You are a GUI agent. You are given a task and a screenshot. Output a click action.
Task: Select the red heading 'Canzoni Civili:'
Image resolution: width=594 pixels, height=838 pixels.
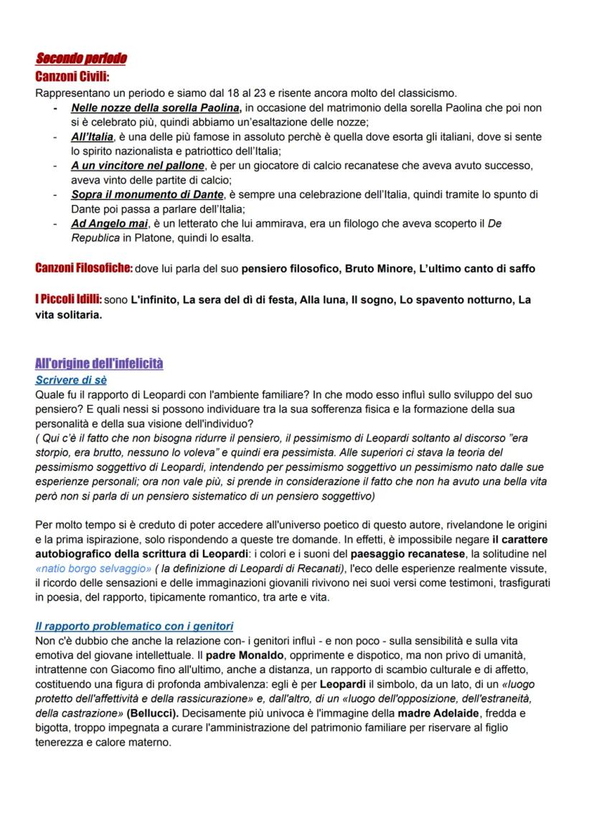(72, 76)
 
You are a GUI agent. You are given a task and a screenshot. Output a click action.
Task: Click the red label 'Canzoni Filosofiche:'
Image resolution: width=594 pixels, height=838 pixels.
(83, 268)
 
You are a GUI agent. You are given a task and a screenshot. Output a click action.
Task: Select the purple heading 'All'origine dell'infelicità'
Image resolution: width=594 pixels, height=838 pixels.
(99, 363)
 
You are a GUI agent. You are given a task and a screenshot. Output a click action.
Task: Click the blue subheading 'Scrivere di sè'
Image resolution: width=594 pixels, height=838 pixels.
(70, 380)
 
